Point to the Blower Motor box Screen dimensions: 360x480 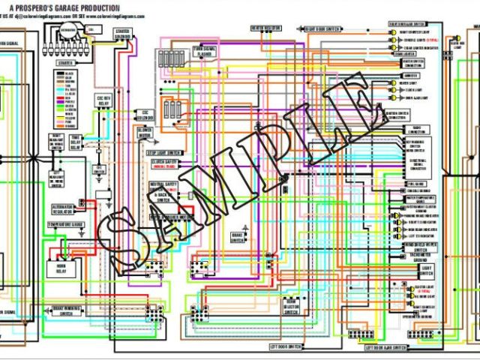pos(145,133)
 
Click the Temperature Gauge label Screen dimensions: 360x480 pos(67,223)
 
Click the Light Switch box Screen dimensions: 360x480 pos(427,269)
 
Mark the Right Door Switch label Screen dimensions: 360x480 pos(323,29)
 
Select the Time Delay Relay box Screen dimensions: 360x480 pos(76,143)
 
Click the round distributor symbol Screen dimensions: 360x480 pos(69,31)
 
